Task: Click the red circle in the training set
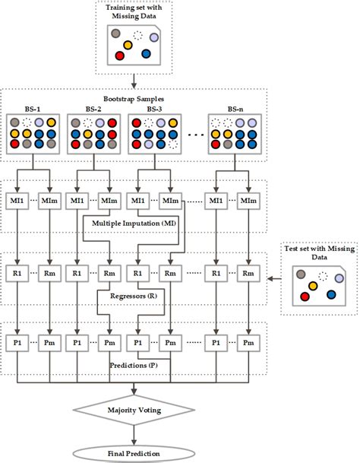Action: (119, 56)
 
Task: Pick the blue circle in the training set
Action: (146, 54)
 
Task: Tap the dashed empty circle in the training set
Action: (137, 34)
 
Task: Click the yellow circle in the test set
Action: (313, 286)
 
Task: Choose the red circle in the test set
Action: (305, 297)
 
